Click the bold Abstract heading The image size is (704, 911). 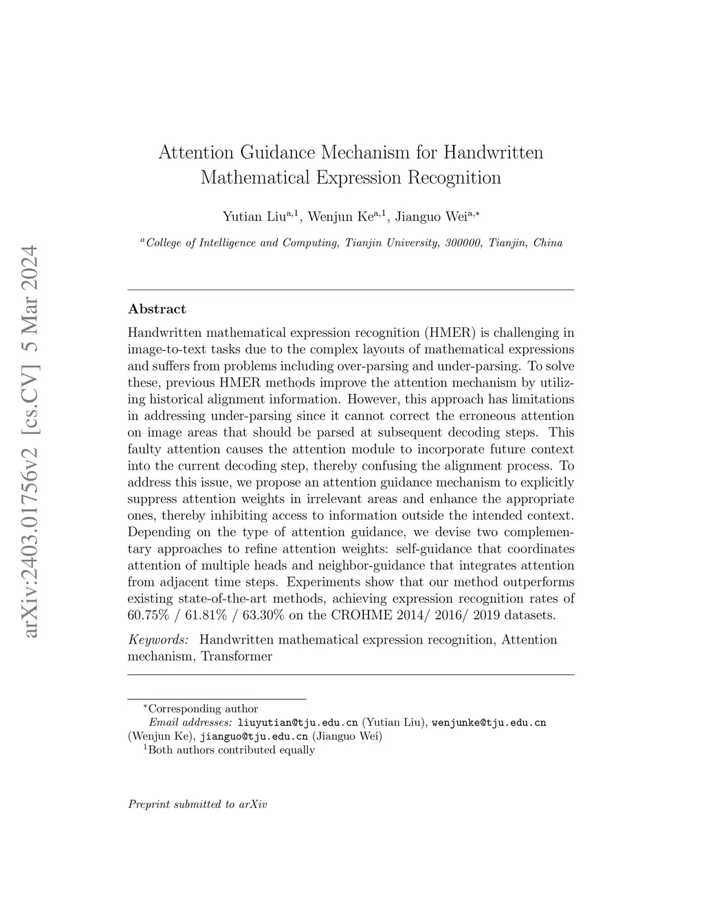(157, 309)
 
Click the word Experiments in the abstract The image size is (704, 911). (318, 582)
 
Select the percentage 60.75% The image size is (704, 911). (147, 615)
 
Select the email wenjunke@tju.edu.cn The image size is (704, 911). (488, 723)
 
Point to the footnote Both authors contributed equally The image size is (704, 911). (232, 750)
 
